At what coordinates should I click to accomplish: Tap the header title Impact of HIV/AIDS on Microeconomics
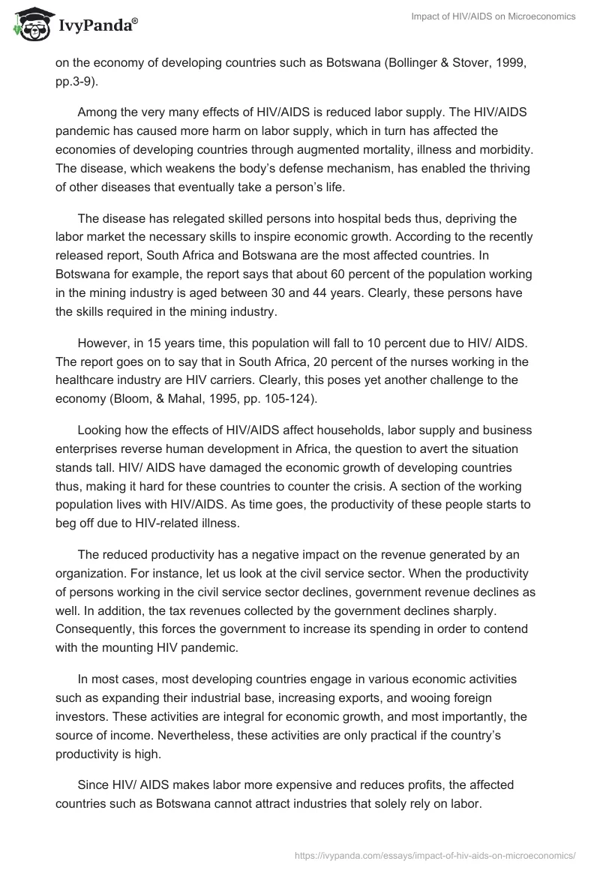(493, 16)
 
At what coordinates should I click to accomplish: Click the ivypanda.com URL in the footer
(434, 854)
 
